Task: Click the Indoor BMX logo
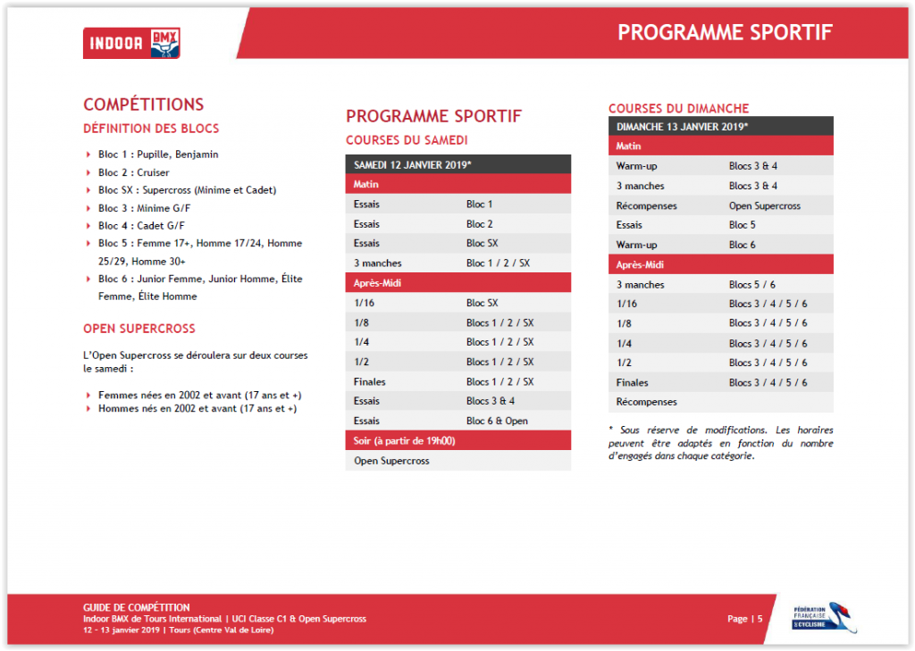tap(131, 43)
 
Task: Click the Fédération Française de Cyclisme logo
tap(824, 618)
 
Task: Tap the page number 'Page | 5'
tap(744, 618)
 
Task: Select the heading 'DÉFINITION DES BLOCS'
tap(151, 129)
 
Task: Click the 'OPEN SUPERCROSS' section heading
tap(139, 329)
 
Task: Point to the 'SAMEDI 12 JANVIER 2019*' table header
tap(413, 165)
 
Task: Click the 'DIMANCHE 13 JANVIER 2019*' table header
tap(682, 127)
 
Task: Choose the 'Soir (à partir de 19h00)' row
tap(458, 440)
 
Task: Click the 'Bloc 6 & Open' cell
tap(497, 421)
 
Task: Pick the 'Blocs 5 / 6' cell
tap(752, 284)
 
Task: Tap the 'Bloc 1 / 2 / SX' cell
tap(498, 263)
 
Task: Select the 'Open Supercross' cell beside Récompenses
tap(765, 205)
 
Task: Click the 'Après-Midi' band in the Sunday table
tap(721, 264)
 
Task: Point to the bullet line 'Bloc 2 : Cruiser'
tap(134, 172)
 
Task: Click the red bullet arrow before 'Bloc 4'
tap(88, 225)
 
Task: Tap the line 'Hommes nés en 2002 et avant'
tap(197, 408)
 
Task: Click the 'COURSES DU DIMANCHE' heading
tap(679, 109)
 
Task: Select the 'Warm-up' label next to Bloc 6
tap(636, 245)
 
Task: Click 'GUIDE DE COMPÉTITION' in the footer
tap(137, 607)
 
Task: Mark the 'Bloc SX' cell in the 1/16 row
tap(482, 303)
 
